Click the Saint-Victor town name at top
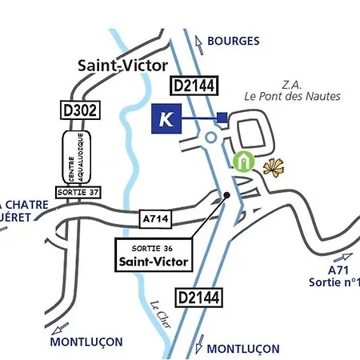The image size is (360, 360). [x=122, y=66]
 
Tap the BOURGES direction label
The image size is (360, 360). [x=233, y=40]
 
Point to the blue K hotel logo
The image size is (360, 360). [x=166, y=118]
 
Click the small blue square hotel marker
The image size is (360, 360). [x=222, y=118]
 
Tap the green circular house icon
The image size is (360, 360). [x=243, y=162]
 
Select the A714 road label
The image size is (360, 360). [x=156, y=218]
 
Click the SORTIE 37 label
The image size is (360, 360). [x=78, y=192]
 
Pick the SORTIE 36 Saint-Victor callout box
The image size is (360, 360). [x=154, y=254]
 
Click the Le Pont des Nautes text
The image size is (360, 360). [x=293, y=97]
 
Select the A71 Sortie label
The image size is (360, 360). [x=336, y=276]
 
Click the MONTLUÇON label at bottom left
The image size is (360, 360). [x=86, y=342]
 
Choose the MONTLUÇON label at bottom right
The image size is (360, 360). [x=243, y=349]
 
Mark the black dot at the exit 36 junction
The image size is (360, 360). [x=227, y=194]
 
